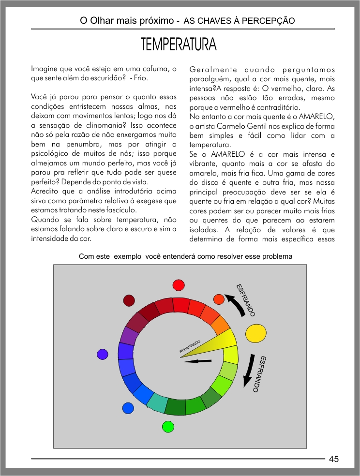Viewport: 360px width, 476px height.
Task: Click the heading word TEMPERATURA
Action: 179,45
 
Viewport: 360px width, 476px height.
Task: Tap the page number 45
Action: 334,459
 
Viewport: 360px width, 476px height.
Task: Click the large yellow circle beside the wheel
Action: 256,333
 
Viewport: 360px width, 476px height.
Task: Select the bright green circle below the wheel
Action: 168,426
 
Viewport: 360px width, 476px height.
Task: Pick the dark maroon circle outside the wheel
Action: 129,301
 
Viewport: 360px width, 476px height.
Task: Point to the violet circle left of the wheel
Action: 102,354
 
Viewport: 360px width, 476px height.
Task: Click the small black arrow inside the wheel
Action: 198,361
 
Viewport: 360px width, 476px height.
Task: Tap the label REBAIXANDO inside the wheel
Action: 190,346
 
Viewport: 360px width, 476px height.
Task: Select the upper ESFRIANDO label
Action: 245,300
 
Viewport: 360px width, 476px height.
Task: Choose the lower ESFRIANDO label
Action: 262,374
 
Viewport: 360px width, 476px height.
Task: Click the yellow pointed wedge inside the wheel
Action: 208,344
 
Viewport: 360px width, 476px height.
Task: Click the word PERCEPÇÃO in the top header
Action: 272,21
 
